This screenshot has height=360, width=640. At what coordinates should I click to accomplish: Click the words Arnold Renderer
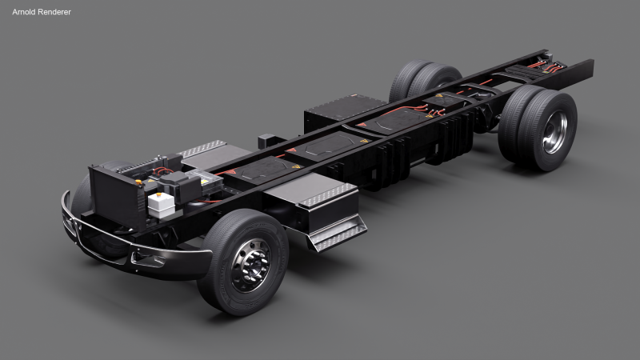pyautogui.click(x=41, y=12)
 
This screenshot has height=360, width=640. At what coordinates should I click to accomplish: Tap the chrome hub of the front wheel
pyautogui.click(x=250, y=266)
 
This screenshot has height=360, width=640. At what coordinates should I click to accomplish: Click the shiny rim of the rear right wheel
pyautogui.click(x=554, y=133)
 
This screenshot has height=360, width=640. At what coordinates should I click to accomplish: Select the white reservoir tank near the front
pyautogui.click(x=162, y=204)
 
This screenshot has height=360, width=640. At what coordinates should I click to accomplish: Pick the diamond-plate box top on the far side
pyautogui.click(x=203, y=149)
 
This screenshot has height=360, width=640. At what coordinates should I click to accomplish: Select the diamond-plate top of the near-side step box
pyautogui.click(x=327, y=194)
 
